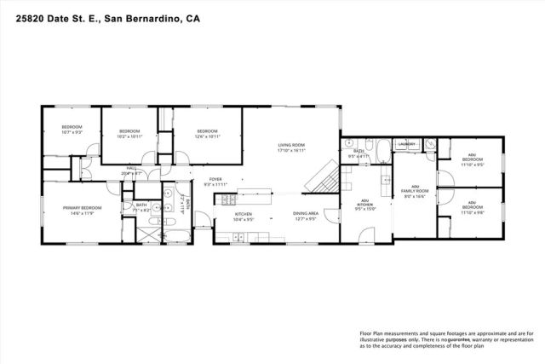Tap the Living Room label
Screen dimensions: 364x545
click(x=290, y=145)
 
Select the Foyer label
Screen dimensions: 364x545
click(x=215, y=179)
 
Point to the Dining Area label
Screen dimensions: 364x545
click(x=306, y=213)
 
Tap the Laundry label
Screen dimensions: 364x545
click(x=406, y=145)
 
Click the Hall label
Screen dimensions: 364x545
click(x=132, y=168)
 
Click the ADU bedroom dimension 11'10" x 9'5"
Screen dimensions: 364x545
click(x=472, y=164)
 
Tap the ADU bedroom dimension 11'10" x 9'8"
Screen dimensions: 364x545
click(x=472, y=212)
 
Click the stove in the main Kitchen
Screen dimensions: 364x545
click(x=228, y=201)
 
